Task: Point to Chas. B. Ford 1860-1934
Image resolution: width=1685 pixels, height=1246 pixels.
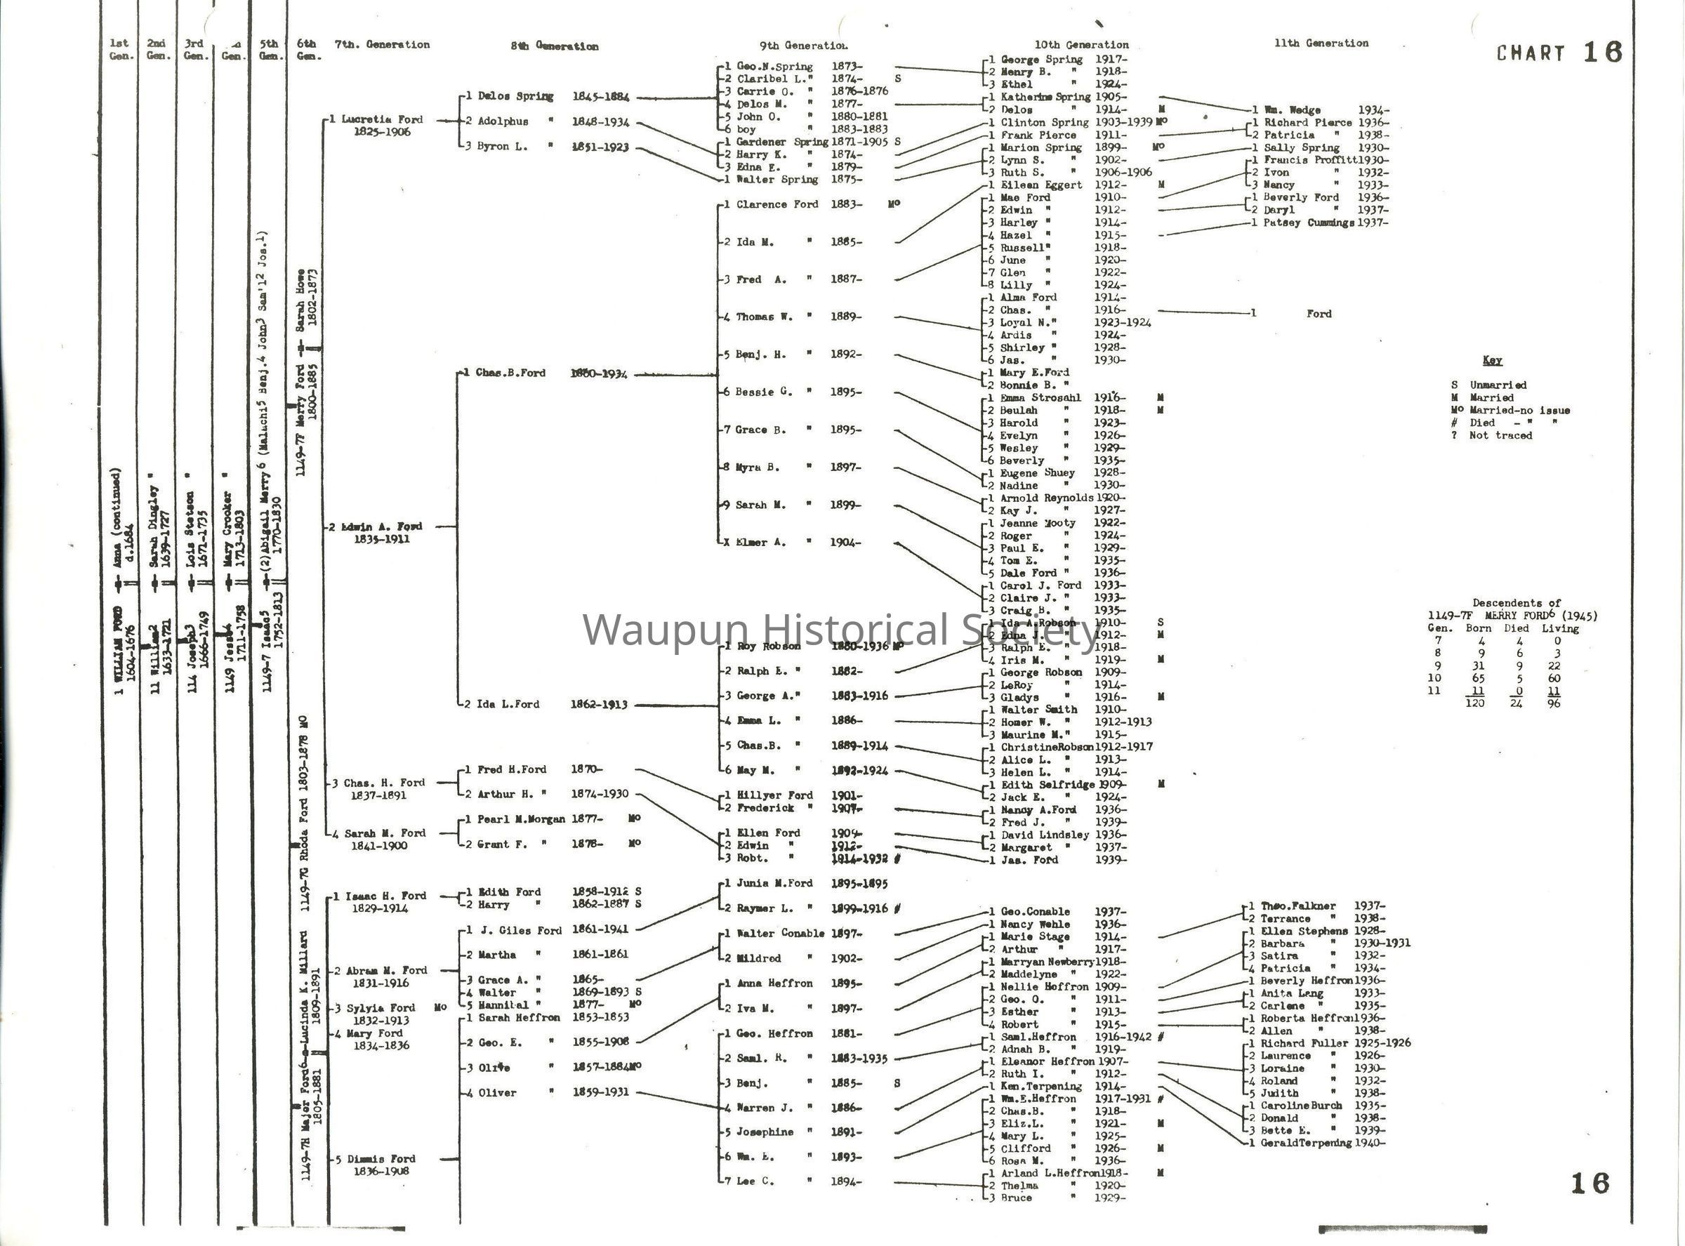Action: [x=550, y=373]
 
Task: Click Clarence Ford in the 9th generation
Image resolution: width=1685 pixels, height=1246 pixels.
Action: [x=777, y=204]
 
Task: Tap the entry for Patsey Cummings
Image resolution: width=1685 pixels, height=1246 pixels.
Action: [x=1309, y=223]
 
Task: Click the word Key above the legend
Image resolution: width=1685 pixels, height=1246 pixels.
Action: [x=1492, y=361]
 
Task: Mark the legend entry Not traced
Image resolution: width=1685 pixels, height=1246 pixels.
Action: [x=1500, y=436]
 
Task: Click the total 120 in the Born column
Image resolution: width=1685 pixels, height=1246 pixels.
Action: [x=1474, y=703]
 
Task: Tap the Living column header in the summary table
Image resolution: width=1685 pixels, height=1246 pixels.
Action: [x=1560, y=628]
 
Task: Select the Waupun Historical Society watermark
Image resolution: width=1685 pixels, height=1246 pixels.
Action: [x=841, y=630]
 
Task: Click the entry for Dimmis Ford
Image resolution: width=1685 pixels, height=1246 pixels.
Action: [x=381, y=1159]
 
